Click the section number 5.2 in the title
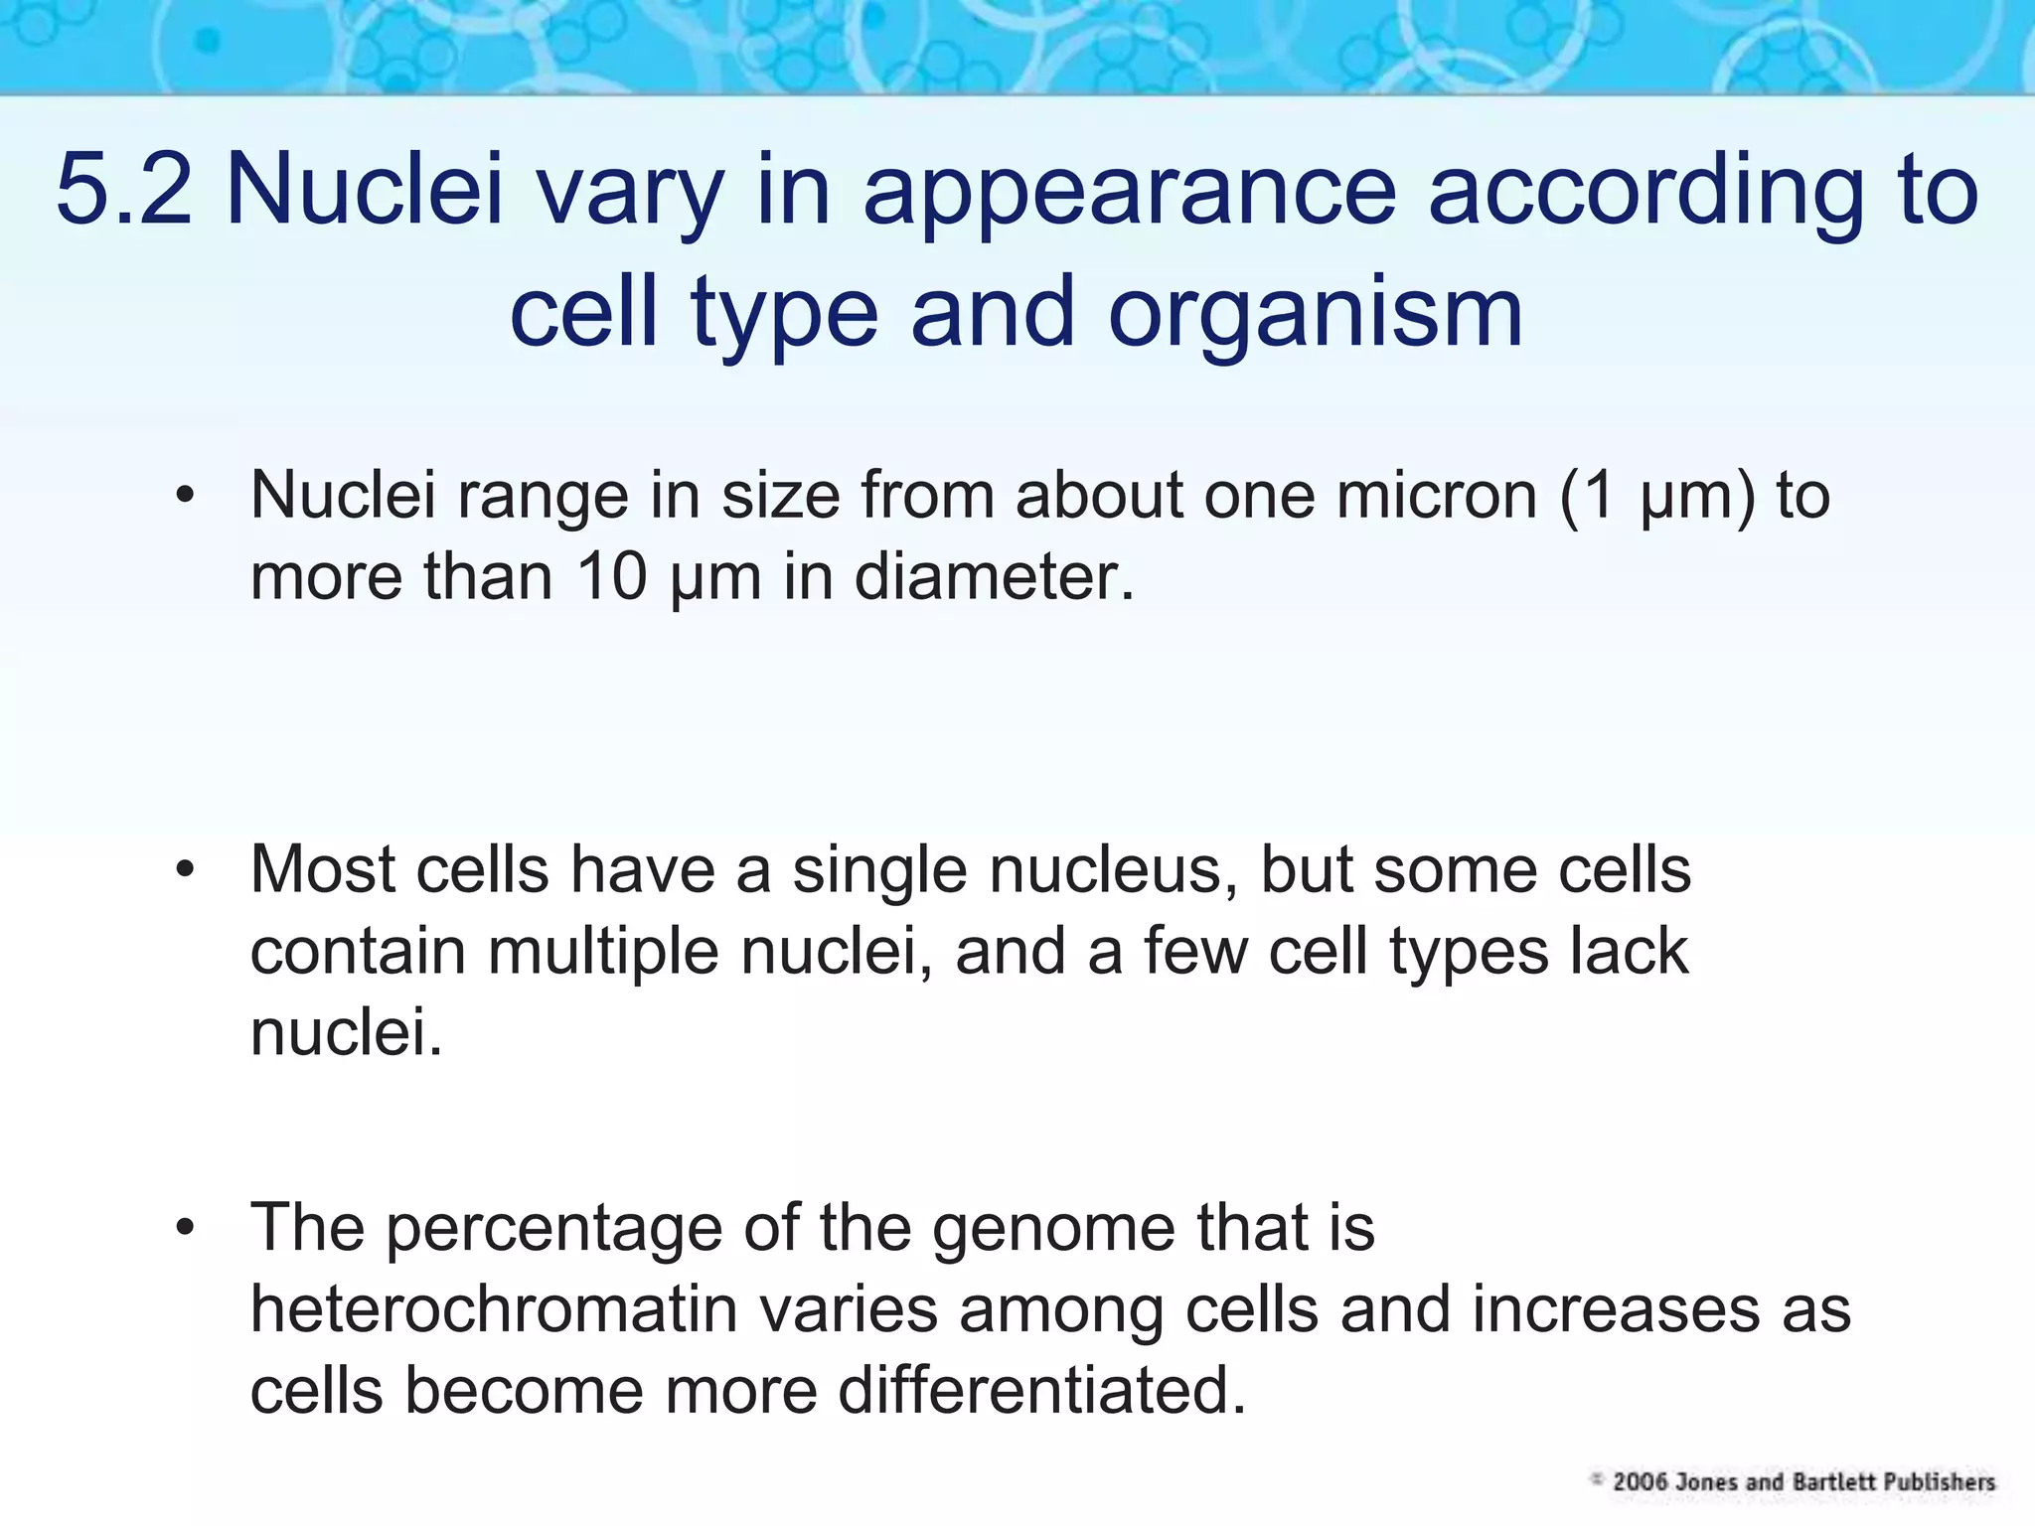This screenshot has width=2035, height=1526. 123,189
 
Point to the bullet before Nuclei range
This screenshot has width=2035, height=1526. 184,496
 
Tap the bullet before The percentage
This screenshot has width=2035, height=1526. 184,1229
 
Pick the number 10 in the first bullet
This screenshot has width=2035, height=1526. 612,576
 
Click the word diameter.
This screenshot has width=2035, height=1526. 994,576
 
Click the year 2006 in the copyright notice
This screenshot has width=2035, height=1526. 1640,1482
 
